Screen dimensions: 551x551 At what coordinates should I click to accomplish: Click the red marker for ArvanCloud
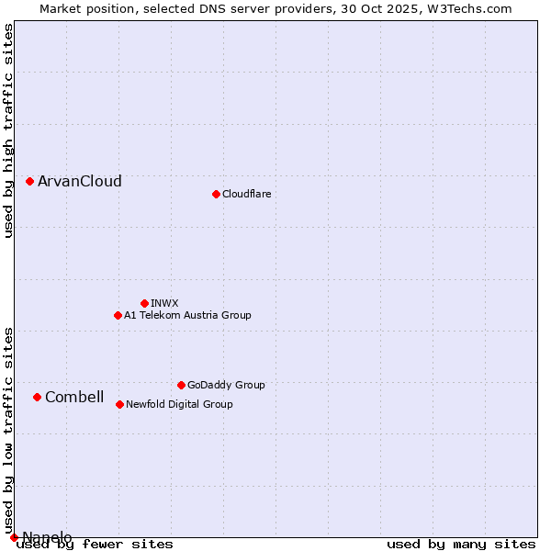click(x=29, y=181)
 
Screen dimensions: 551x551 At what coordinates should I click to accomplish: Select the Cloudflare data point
click(x=216, y=194)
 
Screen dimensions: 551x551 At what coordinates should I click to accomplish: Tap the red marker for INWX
click(x=144, y=303)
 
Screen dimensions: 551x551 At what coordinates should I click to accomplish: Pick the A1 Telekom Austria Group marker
click(x=118, y=315)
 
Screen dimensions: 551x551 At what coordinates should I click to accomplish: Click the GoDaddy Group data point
click(x=181, y=385)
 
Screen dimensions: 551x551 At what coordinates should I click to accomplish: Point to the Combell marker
click(x=37, y=397)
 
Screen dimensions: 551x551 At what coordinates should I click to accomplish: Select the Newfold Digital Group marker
click(x=119, y=404)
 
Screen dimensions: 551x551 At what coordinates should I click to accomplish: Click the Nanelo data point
click(x=14, y=537)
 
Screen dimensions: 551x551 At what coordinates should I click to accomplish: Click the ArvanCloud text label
click(x=80, y=181)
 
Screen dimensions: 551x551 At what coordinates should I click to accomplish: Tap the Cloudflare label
click(x=246, y=194)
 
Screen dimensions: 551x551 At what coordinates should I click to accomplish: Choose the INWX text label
click(x=164, y=303)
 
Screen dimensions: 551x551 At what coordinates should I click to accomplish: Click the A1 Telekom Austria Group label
click(x=187, y=315)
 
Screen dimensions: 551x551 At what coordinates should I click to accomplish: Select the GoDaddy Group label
click(x=226, y=385)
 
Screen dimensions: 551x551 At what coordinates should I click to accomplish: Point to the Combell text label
click(x=74, y=397)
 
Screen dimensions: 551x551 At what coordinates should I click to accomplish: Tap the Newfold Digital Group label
click(x=179, y=404)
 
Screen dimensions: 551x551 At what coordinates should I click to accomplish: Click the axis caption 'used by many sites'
click(x=461, y=545)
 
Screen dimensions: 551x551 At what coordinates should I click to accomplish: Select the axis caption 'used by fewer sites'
click(x=96, y=545)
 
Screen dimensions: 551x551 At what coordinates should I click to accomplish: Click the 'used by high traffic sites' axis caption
click(x=8, y=130)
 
